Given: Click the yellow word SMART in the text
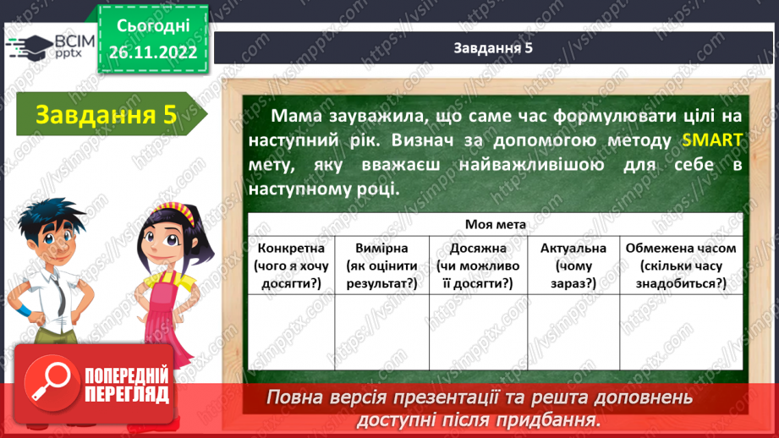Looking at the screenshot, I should pyautogui.click(x=713, y=140).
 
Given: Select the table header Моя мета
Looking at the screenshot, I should pyautogui.click(x=495, y=224).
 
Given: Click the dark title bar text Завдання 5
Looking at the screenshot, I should pyautogui.click(x=491, y=48).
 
